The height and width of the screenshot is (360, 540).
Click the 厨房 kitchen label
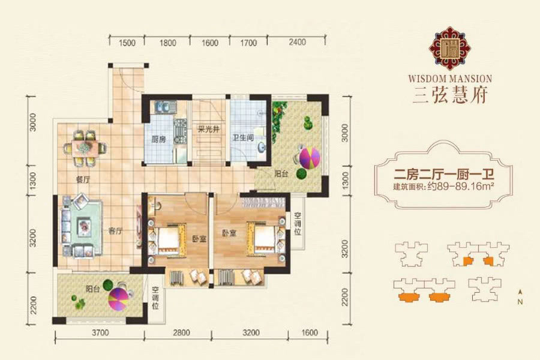pos(158,139)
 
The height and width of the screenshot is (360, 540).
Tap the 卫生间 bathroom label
pos(243,137)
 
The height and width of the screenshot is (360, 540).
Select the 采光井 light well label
pos(208,129)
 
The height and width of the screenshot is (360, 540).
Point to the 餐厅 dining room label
pos(83,179)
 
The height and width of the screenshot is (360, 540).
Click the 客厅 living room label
pos(115,231)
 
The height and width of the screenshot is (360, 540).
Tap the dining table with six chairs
pos(85,148)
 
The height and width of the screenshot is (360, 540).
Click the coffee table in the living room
pos(84,227)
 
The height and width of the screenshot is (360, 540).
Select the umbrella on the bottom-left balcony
pos(118,299)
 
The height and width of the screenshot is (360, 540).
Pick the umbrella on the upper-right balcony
pos(310,158)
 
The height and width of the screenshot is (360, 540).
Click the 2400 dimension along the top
pos(297,42)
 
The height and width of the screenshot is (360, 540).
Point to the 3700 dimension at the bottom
pos(100,333)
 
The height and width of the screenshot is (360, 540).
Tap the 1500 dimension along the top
pos(127,43)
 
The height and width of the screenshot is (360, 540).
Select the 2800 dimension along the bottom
pos(181,333)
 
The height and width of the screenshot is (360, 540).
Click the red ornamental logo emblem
pos(450,49)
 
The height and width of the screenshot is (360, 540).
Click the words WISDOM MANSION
pos(450,79)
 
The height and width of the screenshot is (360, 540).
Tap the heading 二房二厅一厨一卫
pos(444,175)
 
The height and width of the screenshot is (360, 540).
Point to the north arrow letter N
pos(520,302)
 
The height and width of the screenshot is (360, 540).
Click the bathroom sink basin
pos(262,147)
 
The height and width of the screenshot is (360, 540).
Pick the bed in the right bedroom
pos(266,238)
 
